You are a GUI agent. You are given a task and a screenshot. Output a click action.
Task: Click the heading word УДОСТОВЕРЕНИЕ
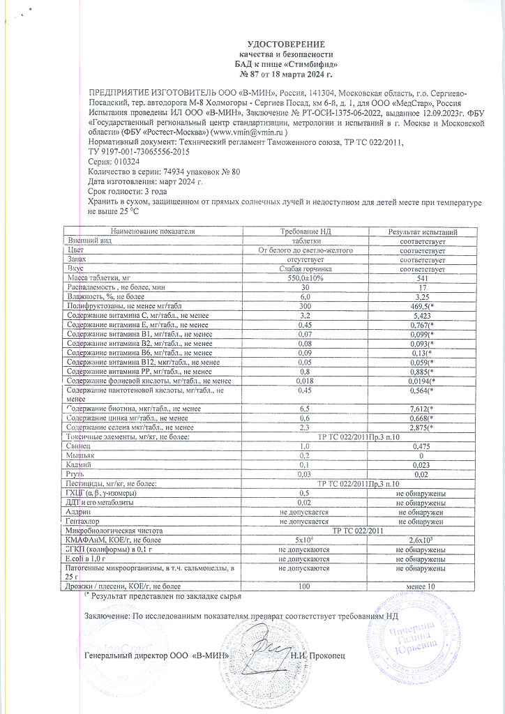click(286, 44)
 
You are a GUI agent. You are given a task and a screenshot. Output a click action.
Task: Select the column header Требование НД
click(305, 231)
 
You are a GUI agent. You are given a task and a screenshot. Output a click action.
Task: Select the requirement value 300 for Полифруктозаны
click(305, 306)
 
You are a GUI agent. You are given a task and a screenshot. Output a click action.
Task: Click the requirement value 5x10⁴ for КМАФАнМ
click(305, 540)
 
